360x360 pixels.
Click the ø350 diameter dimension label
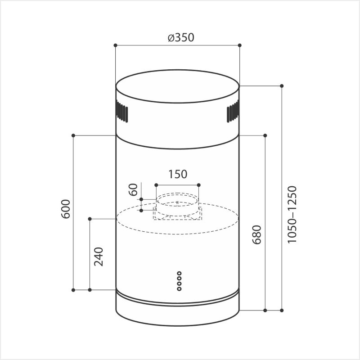[180, 37]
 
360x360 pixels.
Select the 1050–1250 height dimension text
[292, 215]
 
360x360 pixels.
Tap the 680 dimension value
[256, 233]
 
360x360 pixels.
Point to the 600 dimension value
[66, 208]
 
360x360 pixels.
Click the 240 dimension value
[99, 256]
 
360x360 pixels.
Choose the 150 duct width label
[177, 174]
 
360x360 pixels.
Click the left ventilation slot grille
[122, 112]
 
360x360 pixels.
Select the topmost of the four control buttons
[179, 273]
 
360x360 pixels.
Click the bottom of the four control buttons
[179, 288]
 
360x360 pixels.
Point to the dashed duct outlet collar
[177, 207]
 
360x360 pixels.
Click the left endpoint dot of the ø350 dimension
[116, 45]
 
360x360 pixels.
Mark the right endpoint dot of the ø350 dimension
[239, 45]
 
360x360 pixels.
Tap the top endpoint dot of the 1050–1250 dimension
[282, 85]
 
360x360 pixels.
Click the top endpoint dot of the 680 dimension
[265, 135]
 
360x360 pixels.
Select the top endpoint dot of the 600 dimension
[73, 135]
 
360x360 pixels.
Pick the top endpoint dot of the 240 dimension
[90, 219]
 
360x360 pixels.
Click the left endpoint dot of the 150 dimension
[156, 185]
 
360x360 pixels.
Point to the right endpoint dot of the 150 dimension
[199, 185]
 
